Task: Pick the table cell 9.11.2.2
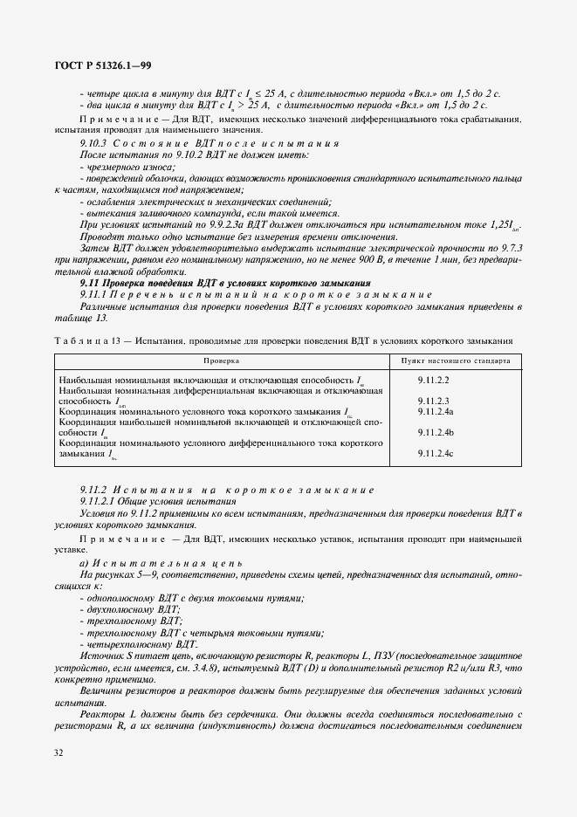tap(433, 381)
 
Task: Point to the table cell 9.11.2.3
tap(433, 401)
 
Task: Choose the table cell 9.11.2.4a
tap(435, 411)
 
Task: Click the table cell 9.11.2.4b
tap(435, 432)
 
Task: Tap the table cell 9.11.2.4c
tap(435, 453)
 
